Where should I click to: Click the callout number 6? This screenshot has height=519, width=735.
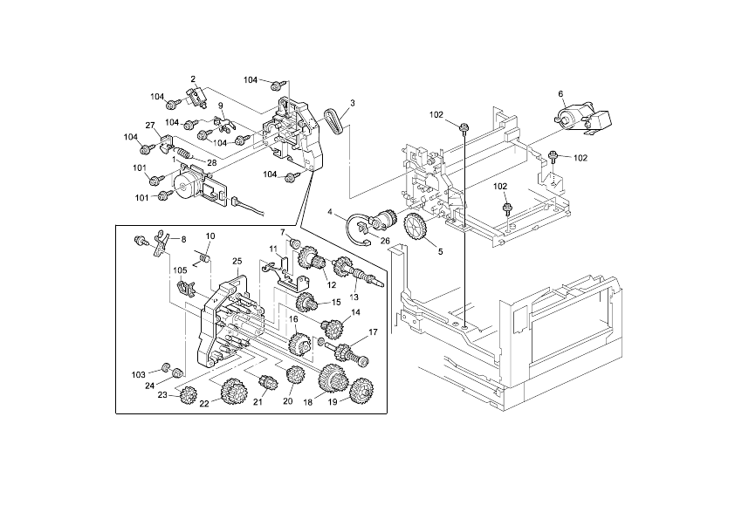click(x=560, y=92)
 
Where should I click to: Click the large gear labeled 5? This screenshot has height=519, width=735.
click(x=415, y=229)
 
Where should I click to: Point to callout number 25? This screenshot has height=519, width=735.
click(x=237, y=262)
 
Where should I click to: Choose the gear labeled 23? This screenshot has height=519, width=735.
click(x=186, y=396)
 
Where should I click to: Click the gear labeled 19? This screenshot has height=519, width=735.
click(x=360, y=392)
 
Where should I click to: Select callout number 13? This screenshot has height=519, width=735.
click(x=354, y=297)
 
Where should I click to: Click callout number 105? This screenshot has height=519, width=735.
click(x=180, y=270)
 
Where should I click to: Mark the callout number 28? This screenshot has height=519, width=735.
click(x=211, y=163)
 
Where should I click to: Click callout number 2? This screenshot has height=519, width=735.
click(x=193, y=79)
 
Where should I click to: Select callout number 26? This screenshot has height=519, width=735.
click(x=384, y=241)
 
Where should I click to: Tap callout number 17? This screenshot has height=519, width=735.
click(x=373, y=331)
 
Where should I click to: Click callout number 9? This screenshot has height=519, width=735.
click(x=221, y=106)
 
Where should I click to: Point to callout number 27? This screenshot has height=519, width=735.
click(x=149, y=125)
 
